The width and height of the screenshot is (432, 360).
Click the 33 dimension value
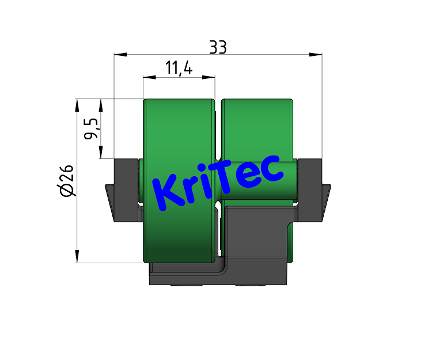coord(218,48)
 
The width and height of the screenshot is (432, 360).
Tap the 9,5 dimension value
coord(91,128)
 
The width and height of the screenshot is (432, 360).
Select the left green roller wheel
coord(179,230)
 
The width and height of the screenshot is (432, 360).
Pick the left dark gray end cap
coord(126,190)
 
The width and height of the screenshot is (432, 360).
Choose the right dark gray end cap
coord(311,190)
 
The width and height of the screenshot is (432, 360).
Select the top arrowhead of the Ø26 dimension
coord(77,105)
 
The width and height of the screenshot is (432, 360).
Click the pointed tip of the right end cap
coord(330,186)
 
